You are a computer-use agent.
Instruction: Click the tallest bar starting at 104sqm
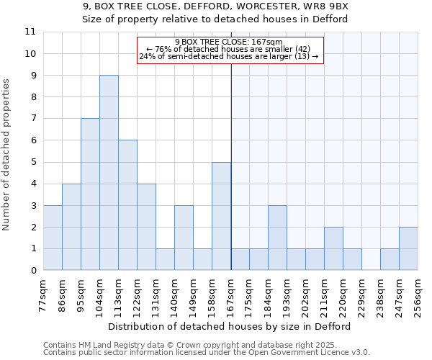click(109, 173)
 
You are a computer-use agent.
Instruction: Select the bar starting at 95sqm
click(90, 194)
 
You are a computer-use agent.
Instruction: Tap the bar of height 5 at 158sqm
click(221, 216)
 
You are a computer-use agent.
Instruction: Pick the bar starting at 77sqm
click(53, 238)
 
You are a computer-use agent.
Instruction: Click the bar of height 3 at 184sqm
click(277, 238)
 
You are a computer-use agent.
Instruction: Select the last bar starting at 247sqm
click(408, 248)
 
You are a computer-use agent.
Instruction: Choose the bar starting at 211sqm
click(333, 248)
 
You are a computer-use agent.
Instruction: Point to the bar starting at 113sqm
click(127, 205)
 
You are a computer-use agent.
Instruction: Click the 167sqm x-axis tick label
click(231, 294)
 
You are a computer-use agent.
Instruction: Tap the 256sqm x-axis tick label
click(418, 294)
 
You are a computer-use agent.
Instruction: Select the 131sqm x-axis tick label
click(156, 294)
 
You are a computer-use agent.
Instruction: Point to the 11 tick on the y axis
click(30, 32)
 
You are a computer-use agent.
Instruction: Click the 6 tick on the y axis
click(33, 140)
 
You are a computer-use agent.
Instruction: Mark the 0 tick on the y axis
click(33, 271)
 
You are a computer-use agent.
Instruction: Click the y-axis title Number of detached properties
click(7, 155)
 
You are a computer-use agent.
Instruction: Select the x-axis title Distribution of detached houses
click(230, 326)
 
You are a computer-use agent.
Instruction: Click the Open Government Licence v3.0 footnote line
click(207, 352)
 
